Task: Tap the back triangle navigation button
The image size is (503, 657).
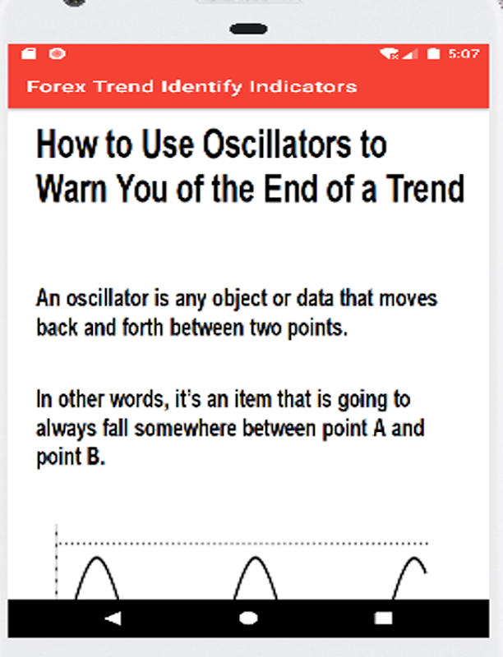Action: pyautogui.click(x=113, y=618)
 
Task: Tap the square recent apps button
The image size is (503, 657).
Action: pyautogui.click(x=383, y=618)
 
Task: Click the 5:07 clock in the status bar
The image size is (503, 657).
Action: pyautogui.click(x=464, y=53)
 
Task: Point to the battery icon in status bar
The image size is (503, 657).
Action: pyautogui.click(x=433, y=53)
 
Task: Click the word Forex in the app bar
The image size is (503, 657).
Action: pyautogui.click(x=56, y=87)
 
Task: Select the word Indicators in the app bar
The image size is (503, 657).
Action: pyautogui.click(x=303, y=87)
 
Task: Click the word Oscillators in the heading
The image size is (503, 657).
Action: pyautogui.click(x=277, y=144)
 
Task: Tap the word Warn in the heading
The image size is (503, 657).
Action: pyautogui.click(x=72, y=189)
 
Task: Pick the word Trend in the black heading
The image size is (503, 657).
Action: pyautogui.click(x=425, y=189)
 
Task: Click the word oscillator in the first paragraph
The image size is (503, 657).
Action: pyautogui.click(x=108, y=298)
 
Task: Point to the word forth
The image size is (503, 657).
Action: pyautogui.click(x=142, y=327)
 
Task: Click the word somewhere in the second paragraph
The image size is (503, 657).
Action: pyautogui.click(x=185, y=428)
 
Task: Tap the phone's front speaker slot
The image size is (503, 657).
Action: pyautogui.click(x=248, y=29)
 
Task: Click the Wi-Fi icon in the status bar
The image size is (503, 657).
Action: pyautogui.click(x=389, y=53)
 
